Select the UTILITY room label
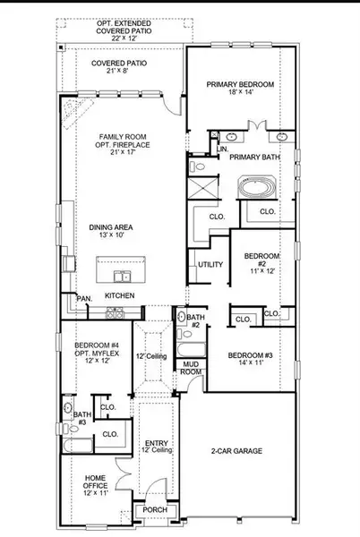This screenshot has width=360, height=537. [x=210, y=265]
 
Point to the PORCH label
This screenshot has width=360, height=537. [x=149, y=510]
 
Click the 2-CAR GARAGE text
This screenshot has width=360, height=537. [x=236, y=451]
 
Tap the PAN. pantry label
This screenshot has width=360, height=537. [x=84, y=298]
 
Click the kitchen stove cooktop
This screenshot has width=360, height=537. [x=116, y=312]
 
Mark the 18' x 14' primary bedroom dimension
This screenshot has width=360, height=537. [x=239, y=94]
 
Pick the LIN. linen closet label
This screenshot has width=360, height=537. [x=222, y=149]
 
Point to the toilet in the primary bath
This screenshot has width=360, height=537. [x=200, y=166]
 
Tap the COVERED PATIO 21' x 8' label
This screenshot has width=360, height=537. [x=119, y=68]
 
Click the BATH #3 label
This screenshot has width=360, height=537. [x=82, y=418]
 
